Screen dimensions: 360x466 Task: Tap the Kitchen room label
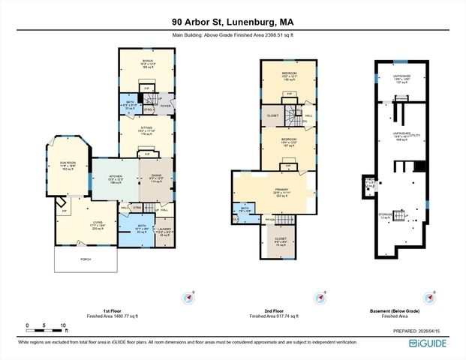tap(104, 178)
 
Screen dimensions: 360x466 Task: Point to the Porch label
tap(86, 259)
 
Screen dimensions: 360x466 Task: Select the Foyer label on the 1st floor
tap(167, 106)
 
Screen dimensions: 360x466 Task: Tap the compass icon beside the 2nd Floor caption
tap(322, 297)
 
